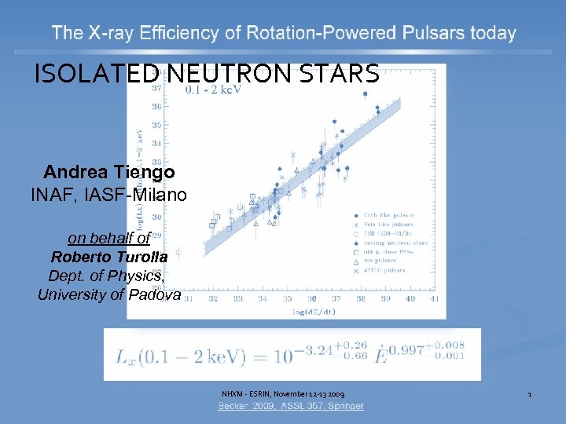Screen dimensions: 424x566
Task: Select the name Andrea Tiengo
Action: pyautogui.click(x=108, y=172)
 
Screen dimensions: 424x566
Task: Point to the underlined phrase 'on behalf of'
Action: pyautogui.click(x=108, y=239)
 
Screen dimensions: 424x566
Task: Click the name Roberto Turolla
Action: pyautogui.click(x=108, y=258)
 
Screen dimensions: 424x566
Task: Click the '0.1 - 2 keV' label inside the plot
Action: pyautogui.click(x=212, y=90)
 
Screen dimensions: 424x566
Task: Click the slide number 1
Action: pyautogui.click(x=530, y=393)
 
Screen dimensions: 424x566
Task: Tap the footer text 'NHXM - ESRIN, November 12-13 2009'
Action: pyautogui.click(x=282, y=393)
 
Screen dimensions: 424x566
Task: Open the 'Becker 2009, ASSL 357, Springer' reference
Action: pyautogui.click(x=291, y=406)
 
